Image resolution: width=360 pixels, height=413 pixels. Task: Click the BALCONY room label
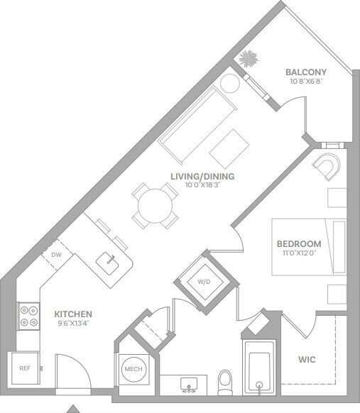305,72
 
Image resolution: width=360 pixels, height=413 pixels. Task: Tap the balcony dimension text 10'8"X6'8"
305,81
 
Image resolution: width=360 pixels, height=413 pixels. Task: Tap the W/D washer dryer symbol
204,281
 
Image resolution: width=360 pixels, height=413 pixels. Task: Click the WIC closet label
307,360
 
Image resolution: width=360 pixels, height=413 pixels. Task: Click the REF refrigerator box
26,368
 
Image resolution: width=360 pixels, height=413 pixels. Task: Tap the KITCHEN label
73,314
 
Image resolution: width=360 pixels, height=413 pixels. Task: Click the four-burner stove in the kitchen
29,315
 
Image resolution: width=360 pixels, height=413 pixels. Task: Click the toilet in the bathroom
226,381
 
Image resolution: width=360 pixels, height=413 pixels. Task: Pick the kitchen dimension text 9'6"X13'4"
73,323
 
